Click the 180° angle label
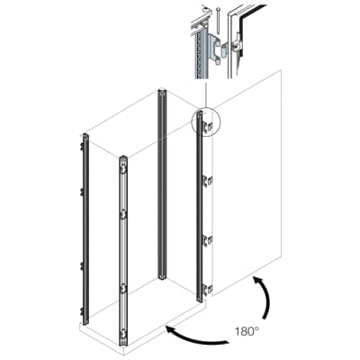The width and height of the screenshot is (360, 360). (247, 332)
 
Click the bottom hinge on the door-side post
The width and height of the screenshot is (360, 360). (207, 289)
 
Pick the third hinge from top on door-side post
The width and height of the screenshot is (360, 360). (207, 239)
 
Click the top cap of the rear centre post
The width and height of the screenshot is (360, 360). (162, 92)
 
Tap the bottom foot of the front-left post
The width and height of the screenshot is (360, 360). (122, 339)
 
